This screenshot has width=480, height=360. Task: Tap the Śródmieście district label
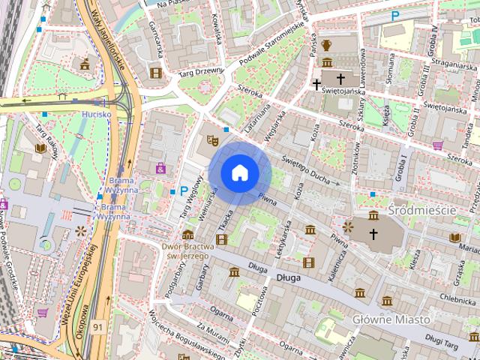(421, 210)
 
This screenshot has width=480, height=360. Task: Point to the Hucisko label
(97, 115)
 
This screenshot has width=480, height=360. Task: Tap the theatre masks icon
(212, 139)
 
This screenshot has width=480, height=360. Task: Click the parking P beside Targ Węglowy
(184, 191)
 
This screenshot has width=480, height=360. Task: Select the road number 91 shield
(99, 327)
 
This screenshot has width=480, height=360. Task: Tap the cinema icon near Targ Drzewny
(156, 73)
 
